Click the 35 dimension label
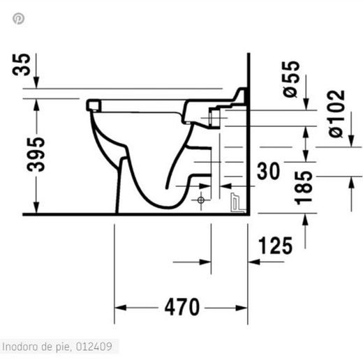[x=22, y=65]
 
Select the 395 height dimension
[x=36, y=155]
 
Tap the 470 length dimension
[x=182, y=307]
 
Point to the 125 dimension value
[x=275, y=246]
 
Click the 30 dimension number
[x=268, y=171]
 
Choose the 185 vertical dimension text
[x=303, y=188]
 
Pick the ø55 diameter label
[x=291, y=79]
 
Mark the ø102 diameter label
[x=336, y=114]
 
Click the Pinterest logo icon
[x=18, y=19]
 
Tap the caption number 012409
[x=94, y=347]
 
